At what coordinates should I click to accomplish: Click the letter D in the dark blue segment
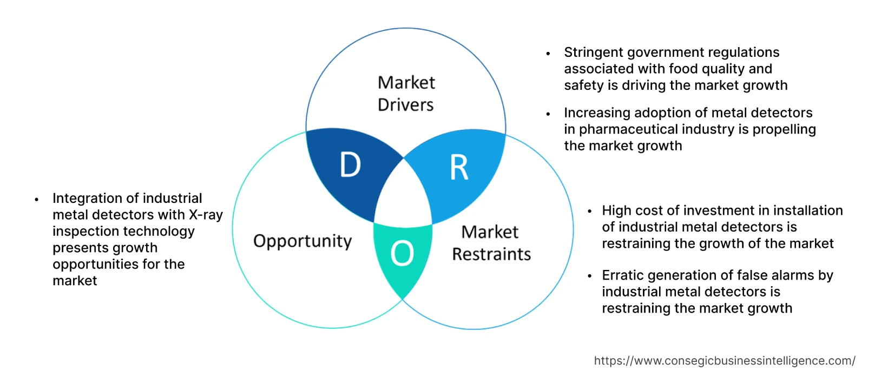[x=350, y=165]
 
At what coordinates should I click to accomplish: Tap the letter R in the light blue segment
[x=459, y=168]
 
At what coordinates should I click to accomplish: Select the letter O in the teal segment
[x=402, y=253]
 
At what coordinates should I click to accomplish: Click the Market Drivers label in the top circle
[x=406, y=94]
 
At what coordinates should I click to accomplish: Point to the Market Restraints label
[x=491, y=243]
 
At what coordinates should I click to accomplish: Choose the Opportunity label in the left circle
[x=302, y=241]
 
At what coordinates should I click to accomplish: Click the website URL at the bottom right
[x=724, y=361]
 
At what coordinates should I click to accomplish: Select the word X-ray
[x=206, y=215]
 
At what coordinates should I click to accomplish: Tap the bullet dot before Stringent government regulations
[x=548, y=54]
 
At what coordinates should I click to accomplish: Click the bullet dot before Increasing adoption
[x=548, y=114]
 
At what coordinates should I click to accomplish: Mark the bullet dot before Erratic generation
[x=589, y=276]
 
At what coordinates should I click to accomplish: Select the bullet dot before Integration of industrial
[x=36, y=199]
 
